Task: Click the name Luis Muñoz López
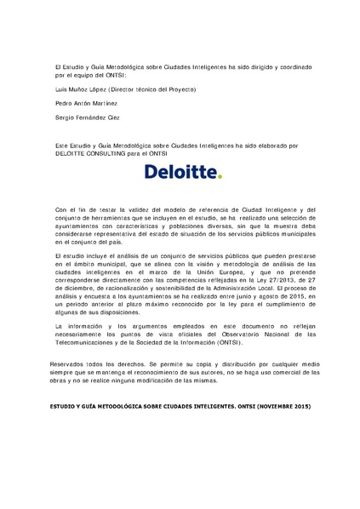click(x=82, y=89)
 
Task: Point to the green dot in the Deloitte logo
click(x=219, y=179)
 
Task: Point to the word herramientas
click(x=107, y=216)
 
